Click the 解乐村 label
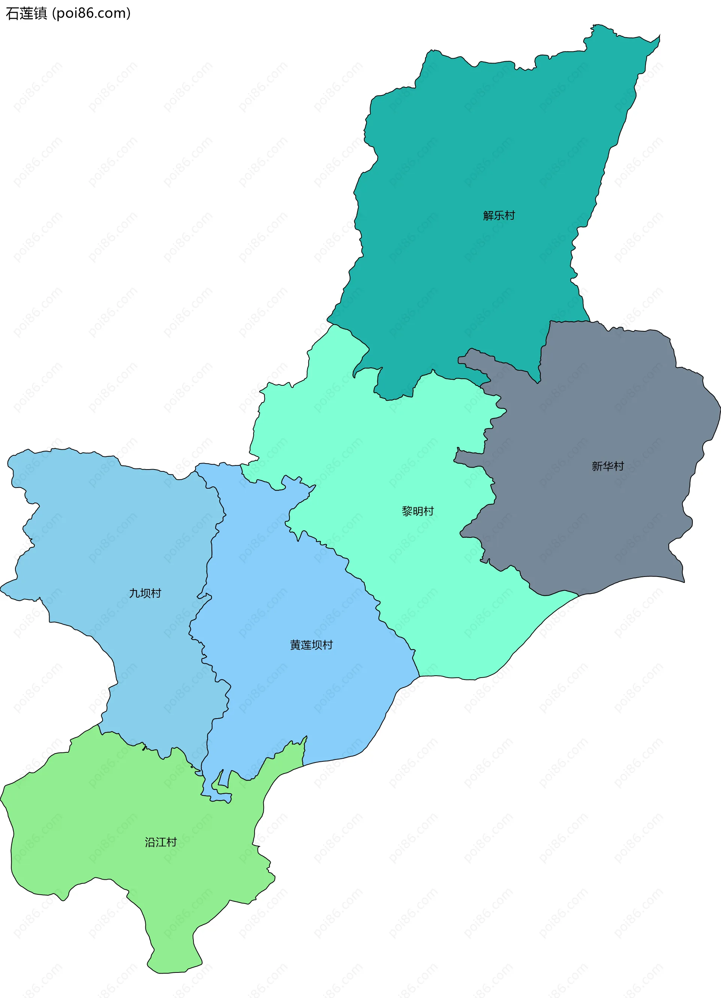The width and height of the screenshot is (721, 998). coord(499,216)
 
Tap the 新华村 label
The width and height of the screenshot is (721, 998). coord(608,466)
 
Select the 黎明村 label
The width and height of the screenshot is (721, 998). coord(418,511)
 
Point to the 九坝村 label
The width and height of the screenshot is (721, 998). coord(145,593)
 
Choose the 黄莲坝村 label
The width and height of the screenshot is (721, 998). coord(311,645)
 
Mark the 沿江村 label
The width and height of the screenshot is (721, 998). coord(161,842)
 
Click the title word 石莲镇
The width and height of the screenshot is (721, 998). coord(26,14)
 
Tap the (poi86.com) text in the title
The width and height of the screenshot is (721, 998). coord(92,14)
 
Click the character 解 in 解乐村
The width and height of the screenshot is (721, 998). coord(488,216)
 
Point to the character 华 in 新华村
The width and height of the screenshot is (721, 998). coord(608,466)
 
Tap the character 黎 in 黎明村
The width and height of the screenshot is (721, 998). coord(407,511)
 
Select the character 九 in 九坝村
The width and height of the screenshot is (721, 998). coord(134,593)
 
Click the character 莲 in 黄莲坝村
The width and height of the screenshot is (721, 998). coord(306,645)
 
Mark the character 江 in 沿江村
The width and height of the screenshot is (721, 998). coord(161,842)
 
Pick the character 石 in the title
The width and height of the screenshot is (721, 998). coord(12,14)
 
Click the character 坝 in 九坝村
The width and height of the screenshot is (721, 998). coord(145,593)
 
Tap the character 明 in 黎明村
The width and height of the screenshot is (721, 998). coord(418,511)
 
